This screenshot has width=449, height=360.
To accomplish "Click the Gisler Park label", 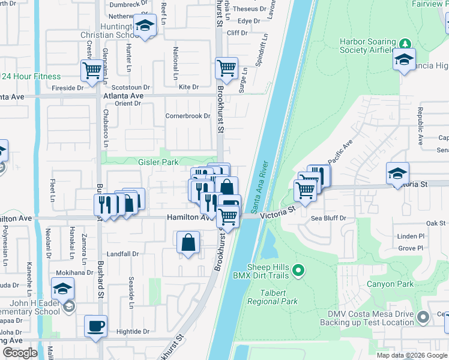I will tap(158, 162).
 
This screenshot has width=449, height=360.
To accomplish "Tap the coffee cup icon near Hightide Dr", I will tap(95, 326).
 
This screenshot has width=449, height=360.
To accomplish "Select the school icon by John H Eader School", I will tap(63, 288).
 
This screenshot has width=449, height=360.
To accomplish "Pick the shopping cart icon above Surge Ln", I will tap(226, 68).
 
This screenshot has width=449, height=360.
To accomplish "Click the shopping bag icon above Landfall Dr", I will tap(188, 243).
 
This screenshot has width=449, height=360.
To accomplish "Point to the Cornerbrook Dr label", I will tap(188, 116).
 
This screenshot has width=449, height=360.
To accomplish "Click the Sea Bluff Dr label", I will tap(328, 218).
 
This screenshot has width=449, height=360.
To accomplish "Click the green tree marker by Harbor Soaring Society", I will tap(405, 43).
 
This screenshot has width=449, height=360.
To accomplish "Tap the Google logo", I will tap(20, 353).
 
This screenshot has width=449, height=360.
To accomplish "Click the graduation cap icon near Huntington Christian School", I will tap(144, 25).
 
